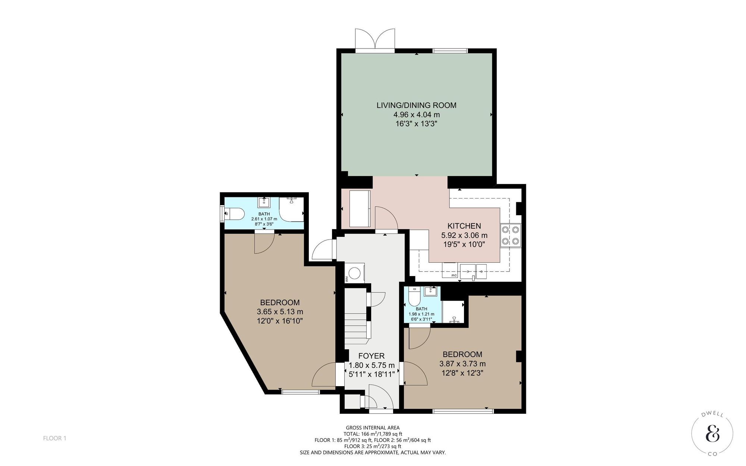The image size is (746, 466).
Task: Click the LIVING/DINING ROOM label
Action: coord(416,105)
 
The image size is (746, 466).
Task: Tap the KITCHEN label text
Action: coord(464,226)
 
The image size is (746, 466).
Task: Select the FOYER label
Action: coord(371,356)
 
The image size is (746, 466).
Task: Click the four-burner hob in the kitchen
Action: coord(510,235)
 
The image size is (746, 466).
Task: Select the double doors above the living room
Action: coord(375,39)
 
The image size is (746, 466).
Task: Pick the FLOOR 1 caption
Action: coord(54,438)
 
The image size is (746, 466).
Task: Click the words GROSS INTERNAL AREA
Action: coord(373,428)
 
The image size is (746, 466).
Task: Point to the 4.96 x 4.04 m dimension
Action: coord(416,115)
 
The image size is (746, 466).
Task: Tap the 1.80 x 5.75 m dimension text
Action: coord(372,365)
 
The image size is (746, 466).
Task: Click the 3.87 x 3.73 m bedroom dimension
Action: coord(463,363)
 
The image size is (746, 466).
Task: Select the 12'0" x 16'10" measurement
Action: coord(280,321)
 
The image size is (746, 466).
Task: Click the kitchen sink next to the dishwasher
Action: coord(473,271)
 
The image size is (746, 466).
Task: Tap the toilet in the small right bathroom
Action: coord(414,296)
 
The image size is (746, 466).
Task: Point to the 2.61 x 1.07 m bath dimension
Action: coord(264,219)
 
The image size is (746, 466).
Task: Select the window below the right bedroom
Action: coord(463,411)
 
